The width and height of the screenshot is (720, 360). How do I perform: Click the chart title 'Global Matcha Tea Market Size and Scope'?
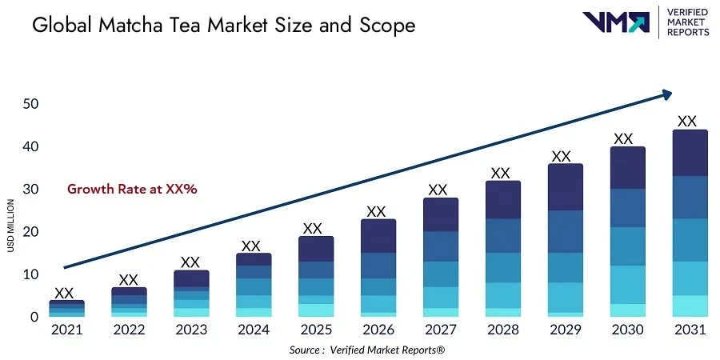[223, 26]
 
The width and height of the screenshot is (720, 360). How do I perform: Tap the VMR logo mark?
[615, 22]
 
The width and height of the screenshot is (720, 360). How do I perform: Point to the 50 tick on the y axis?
[30, 104]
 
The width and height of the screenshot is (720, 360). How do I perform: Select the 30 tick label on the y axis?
[30, 190]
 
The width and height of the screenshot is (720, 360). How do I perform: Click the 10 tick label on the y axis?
[30, 274]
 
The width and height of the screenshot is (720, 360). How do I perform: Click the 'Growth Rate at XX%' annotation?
[132, 190]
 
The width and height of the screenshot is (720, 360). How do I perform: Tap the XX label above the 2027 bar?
[438, 190]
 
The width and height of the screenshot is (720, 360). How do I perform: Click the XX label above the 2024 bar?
[251, 246]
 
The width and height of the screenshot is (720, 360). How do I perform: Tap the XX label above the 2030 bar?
[623, 138]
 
